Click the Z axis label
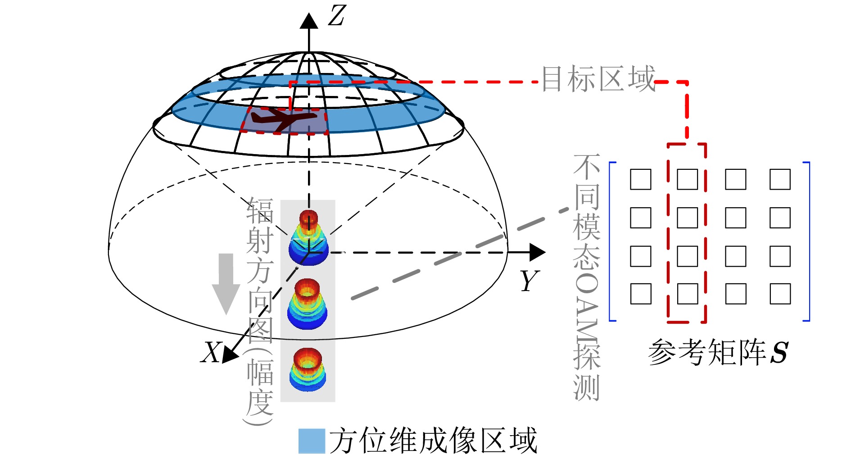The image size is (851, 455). point(336,16)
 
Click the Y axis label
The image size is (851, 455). point(530,281)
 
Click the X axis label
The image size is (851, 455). point(210,352)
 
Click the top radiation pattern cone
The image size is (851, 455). point(308,237)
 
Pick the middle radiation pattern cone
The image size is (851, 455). point(308,304)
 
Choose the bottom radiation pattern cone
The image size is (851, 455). point(308,369)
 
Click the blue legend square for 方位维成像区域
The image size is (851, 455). point(312,441)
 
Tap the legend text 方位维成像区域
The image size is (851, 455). point(433,440)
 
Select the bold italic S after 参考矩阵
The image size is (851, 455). point(779,352)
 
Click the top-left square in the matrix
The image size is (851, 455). point(640,179)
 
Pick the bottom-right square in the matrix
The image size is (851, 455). point(780,294)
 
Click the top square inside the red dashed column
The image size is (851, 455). point(688,179)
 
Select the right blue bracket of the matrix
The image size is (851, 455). point(808,241)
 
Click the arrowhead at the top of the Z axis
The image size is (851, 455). point(309,21)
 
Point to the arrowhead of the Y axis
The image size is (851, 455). point(538,252)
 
